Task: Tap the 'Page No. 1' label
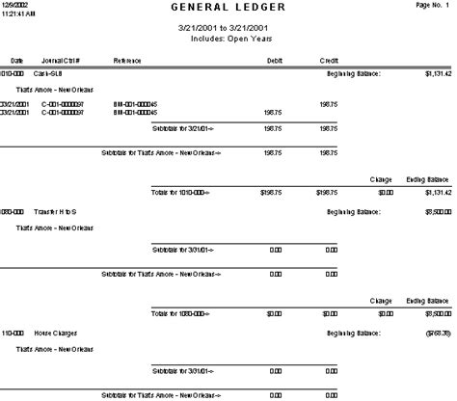(435, 6)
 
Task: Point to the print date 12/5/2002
(14, 5)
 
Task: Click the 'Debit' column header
(274, 60)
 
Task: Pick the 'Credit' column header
(328, 60)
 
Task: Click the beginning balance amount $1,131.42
(437, 72)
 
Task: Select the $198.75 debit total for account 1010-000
(270, 192)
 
